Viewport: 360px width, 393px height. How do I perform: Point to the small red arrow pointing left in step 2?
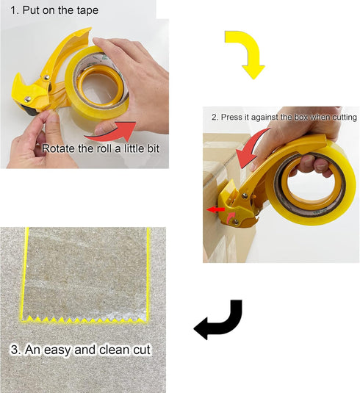coord(215,209)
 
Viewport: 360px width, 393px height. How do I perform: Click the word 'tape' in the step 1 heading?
coord(87,10)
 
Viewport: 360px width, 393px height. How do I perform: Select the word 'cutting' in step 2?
coord(345,118)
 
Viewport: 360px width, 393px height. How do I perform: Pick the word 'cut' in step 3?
coord(142,350)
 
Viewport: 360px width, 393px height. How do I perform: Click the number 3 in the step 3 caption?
coord(14,350)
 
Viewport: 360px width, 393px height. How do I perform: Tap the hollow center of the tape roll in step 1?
coord(99,87)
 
